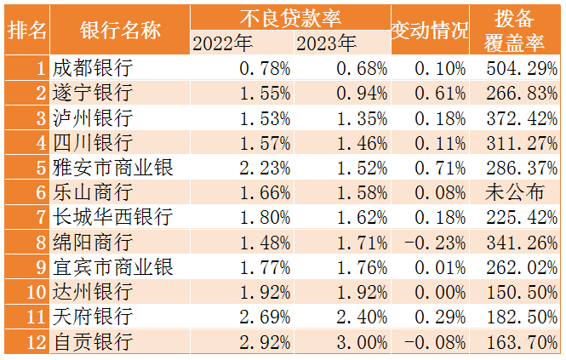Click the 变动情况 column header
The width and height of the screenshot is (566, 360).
click(x=429, y=30)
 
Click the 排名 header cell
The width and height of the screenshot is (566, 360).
click(x=27, y=30)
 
